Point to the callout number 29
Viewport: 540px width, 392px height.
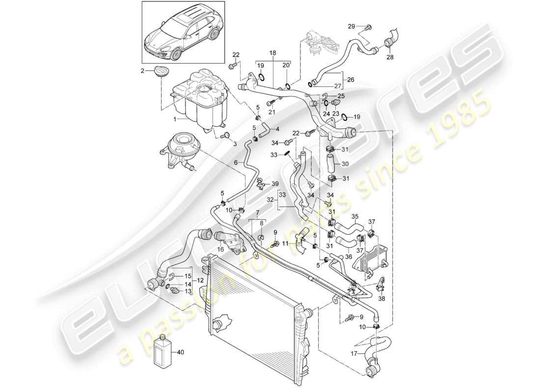351,25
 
